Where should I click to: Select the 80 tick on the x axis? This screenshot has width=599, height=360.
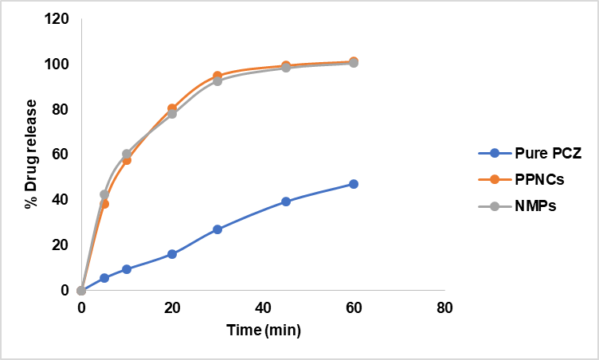coord(444,307)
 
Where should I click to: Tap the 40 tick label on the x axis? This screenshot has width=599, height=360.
coord(263,307)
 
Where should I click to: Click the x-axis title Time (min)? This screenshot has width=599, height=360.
coord(263,329)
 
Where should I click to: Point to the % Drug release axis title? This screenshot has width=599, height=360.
coord(31,155)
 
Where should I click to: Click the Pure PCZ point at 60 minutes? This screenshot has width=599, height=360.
coord(354,184)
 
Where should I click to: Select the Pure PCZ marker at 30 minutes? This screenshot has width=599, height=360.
coord(217,229)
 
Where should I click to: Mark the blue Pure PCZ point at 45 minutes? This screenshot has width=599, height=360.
coord(286,202)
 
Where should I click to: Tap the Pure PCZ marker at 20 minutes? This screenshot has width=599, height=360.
coord(172,254)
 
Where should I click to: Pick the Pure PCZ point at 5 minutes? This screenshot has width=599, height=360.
coord(104,278)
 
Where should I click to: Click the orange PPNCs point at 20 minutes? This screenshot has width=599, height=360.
coord(172,108)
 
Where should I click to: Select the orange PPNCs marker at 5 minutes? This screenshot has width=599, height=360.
coord(104,204)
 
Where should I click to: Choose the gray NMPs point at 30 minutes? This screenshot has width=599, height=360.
coord(217,81)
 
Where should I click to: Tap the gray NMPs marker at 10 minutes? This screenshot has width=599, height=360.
coord(127,154)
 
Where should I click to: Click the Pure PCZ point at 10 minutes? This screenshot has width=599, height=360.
coord(127,269)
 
